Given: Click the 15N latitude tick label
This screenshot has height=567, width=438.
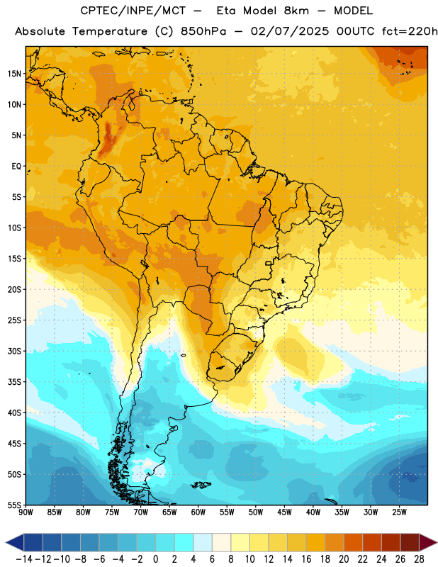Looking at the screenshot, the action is coord(14,74).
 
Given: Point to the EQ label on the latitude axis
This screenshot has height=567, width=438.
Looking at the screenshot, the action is coord(16,167).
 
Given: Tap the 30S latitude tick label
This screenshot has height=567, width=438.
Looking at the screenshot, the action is coord(14,351).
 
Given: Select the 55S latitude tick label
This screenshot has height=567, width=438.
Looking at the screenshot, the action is coord(14,505).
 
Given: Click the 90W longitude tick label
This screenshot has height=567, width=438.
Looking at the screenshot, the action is coord(26,512).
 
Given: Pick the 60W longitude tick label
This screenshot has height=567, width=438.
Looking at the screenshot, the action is coord(198,512).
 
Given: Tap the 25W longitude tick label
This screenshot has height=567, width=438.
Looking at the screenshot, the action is coord(399,512).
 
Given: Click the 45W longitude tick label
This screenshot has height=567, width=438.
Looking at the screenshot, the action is coord(284,512).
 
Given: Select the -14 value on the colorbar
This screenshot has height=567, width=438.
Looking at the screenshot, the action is coord(23,559).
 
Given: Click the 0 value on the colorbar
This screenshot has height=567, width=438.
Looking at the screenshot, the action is coord(156,559).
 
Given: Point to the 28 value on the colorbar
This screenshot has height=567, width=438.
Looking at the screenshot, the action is coord(419,559).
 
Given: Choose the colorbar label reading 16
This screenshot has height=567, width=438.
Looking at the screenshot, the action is coord(306,559).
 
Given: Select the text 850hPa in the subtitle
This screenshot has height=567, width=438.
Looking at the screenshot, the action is coord(203,31).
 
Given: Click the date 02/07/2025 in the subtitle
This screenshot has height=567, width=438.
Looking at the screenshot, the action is coord(290,31).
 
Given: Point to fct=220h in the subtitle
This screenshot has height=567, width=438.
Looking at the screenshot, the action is coord(410,31).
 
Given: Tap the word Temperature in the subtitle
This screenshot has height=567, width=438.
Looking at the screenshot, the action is coord(110,32).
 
